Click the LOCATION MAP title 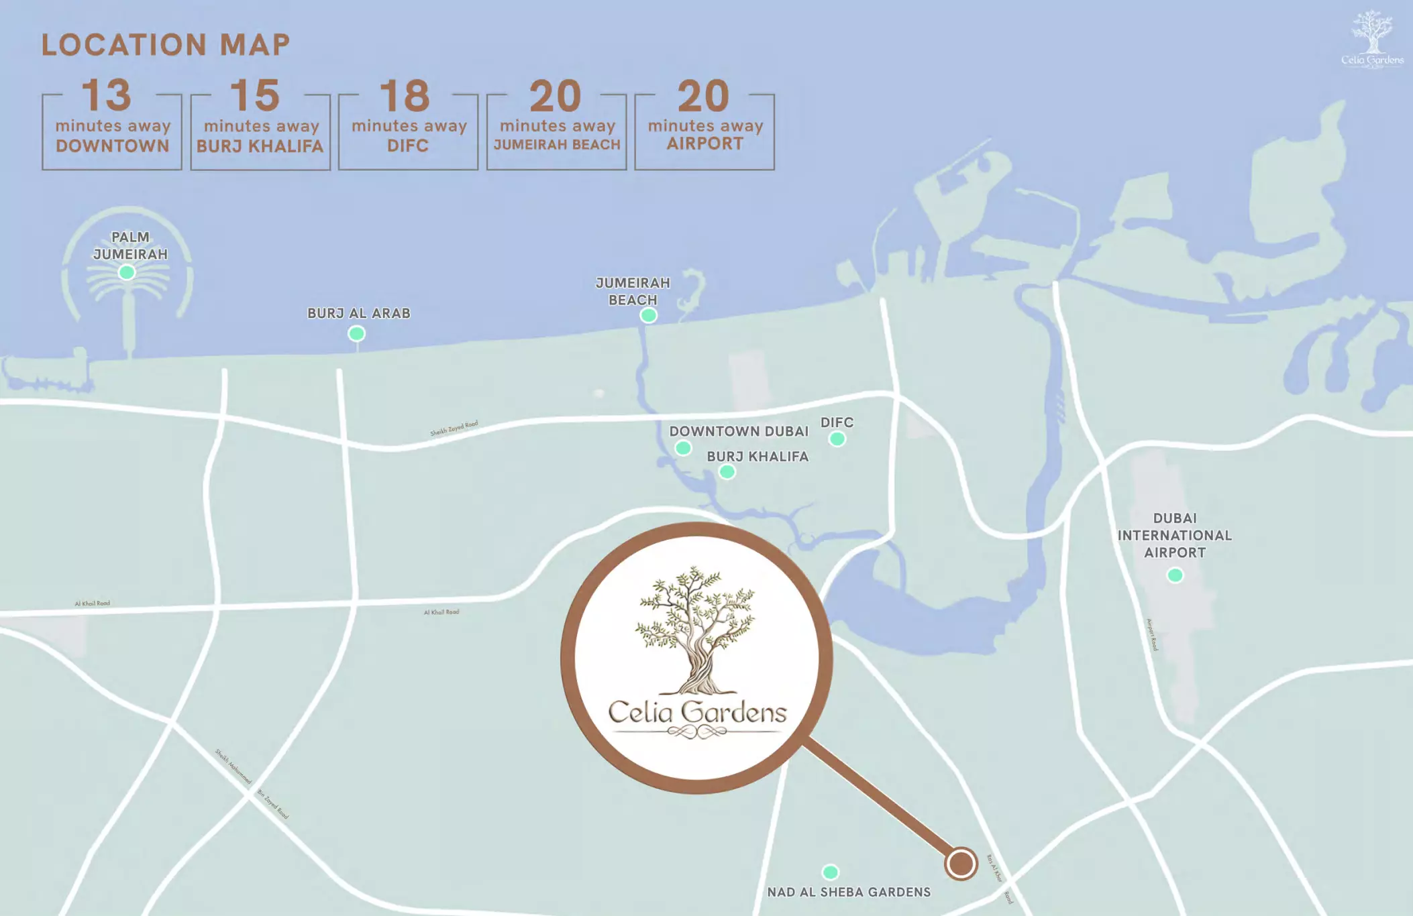tap(166, 45)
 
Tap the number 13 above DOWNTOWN tap(107, 95)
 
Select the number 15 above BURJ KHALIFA tap(255, 95)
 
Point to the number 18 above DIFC tap(405, 96)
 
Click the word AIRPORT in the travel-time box tap(704, 144)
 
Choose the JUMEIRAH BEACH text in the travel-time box tap(557, 144)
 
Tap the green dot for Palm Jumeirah tap(127, 272)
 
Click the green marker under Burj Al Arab tap(356, 333)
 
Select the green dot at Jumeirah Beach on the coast tap(648, 315)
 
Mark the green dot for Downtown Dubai tap(683, 448)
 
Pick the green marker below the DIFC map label tap(837, 439)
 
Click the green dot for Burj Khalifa tap(727, 472)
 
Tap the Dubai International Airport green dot tap(1175, 575)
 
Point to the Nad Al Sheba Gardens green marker tap(830, 872)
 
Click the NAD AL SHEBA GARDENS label tap(849, 893)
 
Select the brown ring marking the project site tap(961, 864)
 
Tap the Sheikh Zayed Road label tap(454, 428)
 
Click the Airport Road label tap(1152, 634)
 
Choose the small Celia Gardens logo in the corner tap(1372, 40)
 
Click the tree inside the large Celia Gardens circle tap(696, 630)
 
